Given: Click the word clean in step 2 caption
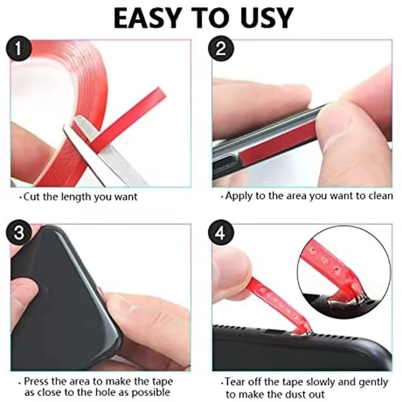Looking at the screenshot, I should coord(380,195).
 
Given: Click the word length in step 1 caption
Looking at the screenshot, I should coord(74,197).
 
